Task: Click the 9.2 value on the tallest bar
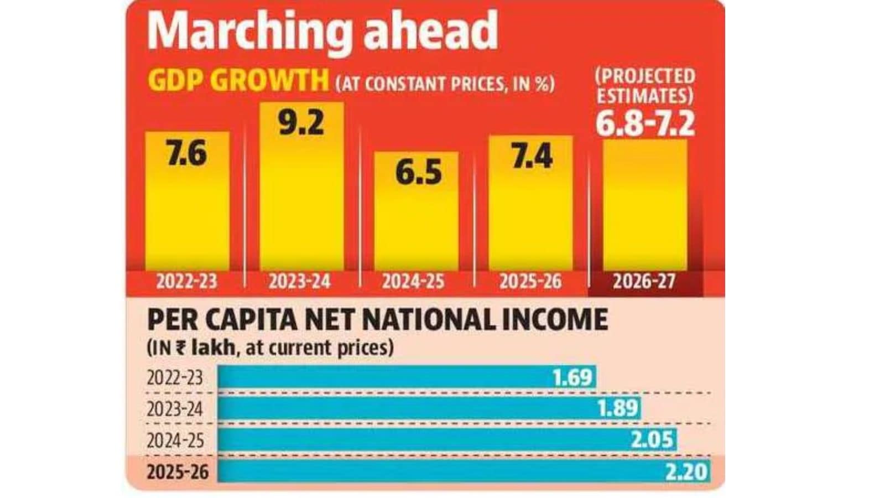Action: pos(301,122)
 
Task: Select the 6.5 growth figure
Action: pos(418,173)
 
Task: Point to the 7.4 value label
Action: pos(532,155)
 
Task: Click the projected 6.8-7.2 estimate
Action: pos(645,124)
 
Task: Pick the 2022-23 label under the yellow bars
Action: pos(187,282)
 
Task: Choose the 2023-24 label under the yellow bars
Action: pos(300,282)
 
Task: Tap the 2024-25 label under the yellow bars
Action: pos(413,282)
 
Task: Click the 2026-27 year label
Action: pos(644,282)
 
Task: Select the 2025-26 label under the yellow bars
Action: pos(530,282)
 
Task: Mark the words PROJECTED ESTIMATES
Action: pos(645,86)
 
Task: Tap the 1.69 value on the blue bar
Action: pos(572,377)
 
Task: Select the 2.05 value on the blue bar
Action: pos(652,439)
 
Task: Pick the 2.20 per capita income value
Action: pos(686,471)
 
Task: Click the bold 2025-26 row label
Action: pos(178,472)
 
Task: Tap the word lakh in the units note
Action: pos(212,348)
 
